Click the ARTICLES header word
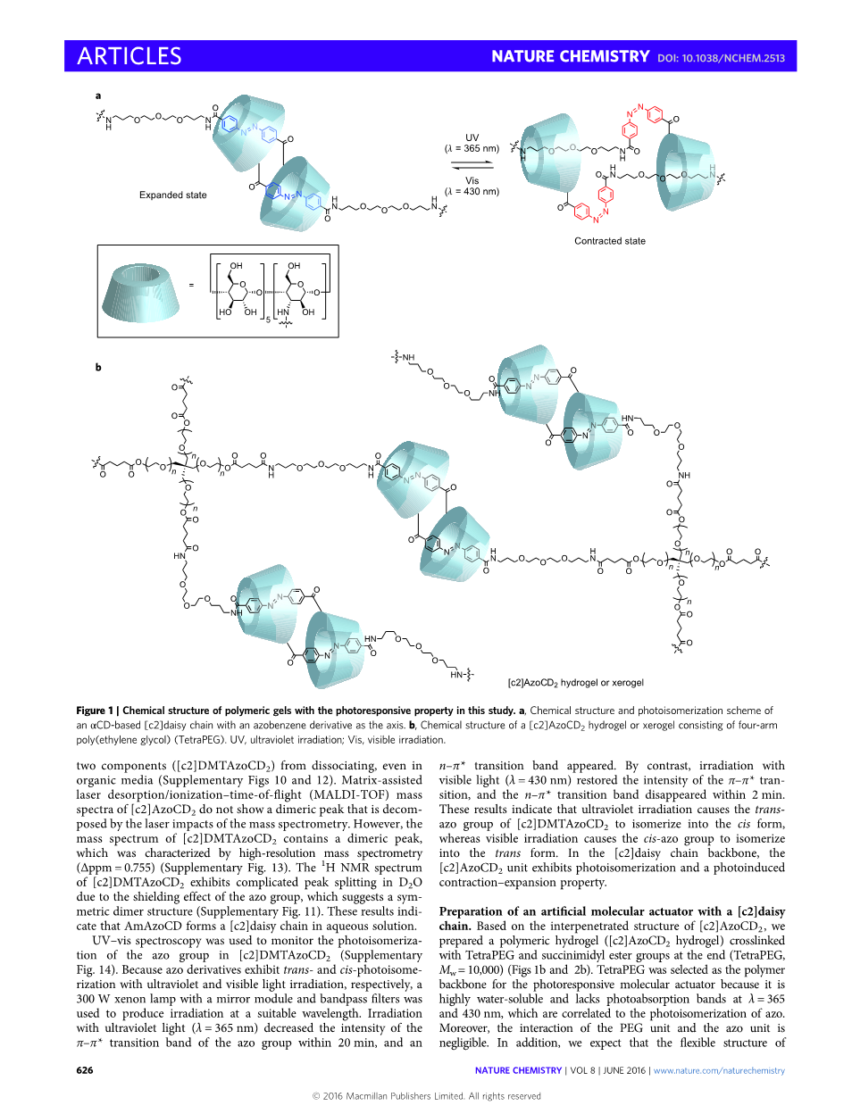pos(129,56)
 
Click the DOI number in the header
pos(721,58)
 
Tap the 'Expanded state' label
pos(172,195)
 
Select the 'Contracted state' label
pos(609,241)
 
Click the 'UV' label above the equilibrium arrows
pos(472,137)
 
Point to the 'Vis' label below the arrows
pos(472,180)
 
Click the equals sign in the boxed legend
pos(191,286)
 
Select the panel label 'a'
pos(98,96)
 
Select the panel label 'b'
pos(98,367)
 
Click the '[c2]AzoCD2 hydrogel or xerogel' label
pos(575,683)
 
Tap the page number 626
pos(85,1070)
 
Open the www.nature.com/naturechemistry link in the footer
pos(719,1070)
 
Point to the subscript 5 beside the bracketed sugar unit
pos(268,319)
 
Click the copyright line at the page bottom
pos(426,1096)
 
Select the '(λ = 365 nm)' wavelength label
pos(472,149)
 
